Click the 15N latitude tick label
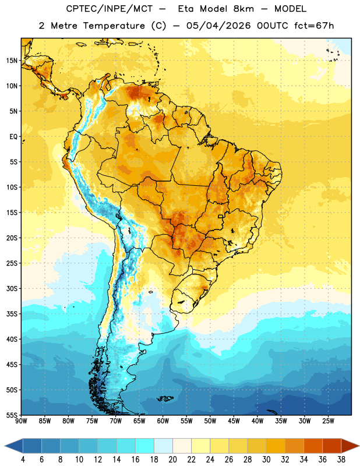coord(12,61)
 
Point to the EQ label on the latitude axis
coord(13,137)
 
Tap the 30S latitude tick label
coord(12,288)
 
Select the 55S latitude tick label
coord(12,415)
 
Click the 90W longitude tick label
coord(21,421)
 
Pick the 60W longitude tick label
coord(163,421)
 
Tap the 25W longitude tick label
coord(328,421)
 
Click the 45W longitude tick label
coord(234,421)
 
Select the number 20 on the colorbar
coord(172,460)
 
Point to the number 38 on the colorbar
coord(341,460)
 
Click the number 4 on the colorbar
coord(23,460)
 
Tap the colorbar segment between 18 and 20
coord(164,446)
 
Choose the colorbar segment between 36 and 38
coord(332,446)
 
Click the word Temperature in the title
coord(114,26)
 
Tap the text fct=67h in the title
coord(314,26)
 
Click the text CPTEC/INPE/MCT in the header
coord(110,9)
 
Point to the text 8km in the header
coord(243,9)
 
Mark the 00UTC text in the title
coord(273,26)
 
